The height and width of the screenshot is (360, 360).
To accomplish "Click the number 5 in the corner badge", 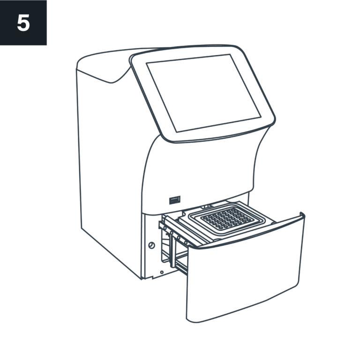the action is pyautogui.click(x=23, y=22).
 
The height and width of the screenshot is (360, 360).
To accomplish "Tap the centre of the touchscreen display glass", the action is pyautogui.click(x=204, y=93).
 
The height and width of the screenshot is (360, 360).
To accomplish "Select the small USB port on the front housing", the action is pyautogui.click(x=175, y=200).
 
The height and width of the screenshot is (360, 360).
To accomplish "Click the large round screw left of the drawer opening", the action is pyautogui.click(x=151, y=245).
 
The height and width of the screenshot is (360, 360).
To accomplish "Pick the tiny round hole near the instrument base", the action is pyautogui.click(x=162, y=272).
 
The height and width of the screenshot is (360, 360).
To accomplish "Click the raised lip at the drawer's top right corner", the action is pyautogui.click(x=302, y=215).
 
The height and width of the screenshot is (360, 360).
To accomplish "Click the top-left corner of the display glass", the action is pyautogui.click(x=147, y=63).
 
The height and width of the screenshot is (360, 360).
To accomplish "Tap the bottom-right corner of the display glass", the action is pyautogui.click(x=261, y=117).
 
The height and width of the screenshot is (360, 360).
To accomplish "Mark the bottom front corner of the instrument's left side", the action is pyautogui.click(x=142, y=279).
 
